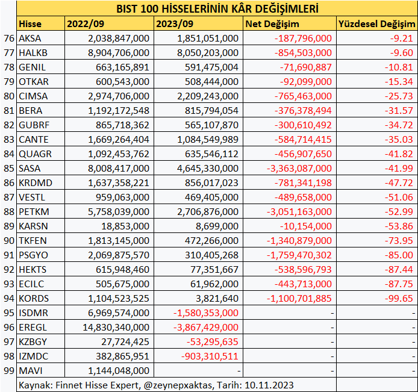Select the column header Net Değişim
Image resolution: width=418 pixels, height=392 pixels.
click(273, 24)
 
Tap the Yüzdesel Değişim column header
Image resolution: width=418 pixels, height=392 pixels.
click(376, 24)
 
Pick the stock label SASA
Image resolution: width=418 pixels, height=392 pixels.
click(30, 168)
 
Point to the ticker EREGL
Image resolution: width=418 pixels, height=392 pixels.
click(33, 327)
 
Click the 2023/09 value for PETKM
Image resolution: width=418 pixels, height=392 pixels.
click(208, 211)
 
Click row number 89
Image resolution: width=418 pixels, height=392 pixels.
click(8, 226)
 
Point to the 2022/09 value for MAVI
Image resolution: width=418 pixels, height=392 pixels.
click(118, 370)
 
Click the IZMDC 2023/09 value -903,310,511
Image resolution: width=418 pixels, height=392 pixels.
click(210, 356)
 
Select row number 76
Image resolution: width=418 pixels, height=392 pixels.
click(8, 38)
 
